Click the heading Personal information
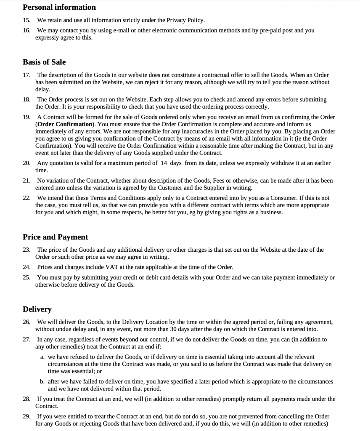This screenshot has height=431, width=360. click(59, 7)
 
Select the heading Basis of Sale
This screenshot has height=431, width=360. click(44, 62)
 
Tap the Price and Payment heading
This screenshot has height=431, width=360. click(56, 237)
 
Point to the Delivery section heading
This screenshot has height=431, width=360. click(37, 309)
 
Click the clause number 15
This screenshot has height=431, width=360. click(26, 20)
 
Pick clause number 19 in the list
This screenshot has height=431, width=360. click(26, 117)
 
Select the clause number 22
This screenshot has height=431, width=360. click(26, 198)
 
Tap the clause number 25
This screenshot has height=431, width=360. click(26, 278)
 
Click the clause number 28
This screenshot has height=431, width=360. click(26, 399)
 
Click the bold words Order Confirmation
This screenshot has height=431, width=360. click(65, 124)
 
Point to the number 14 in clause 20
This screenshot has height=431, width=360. click(164, 163)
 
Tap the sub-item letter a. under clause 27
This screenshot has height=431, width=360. click(42, 357)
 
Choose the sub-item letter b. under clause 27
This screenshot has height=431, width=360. click(42, 382)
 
